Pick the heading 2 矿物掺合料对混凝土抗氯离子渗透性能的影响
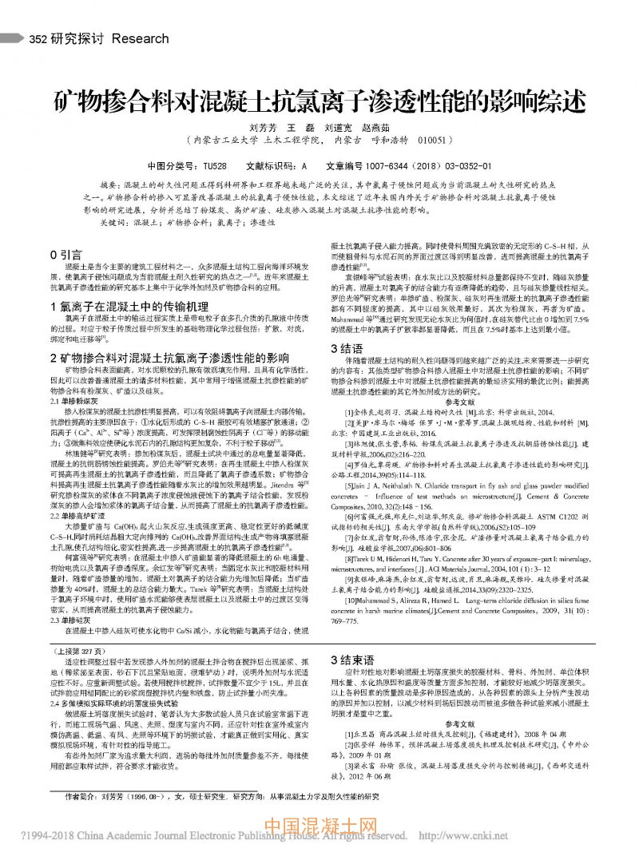pyautogui.click(x=169, y=356)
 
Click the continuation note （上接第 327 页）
pyautogui.click(x=82, y=652)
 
